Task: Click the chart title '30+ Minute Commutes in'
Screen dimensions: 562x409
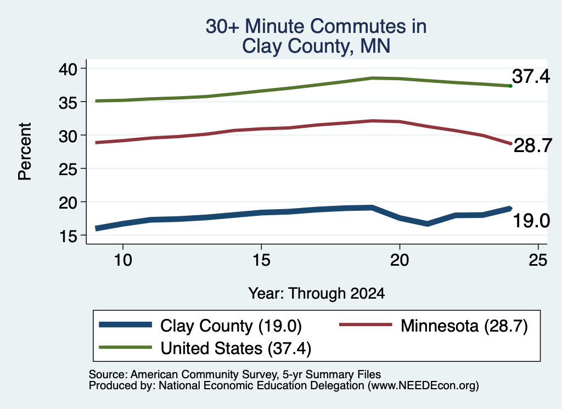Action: [316, 26]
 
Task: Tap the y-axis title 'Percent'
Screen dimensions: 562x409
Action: [25, 152]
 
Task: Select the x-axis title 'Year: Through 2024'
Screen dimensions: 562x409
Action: [317, 293]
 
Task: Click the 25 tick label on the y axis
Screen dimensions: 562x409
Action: [68, 169]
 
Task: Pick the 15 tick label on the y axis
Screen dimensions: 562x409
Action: [68, 236]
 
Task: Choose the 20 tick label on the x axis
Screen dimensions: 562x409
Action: [400, 260]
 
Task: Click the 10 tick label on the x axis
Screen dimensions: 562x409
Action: [123, 260]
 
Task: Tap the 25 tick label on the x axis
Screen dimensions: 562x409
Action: [538, 260]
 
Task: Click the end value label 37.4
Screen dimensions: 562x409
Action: [531, 76]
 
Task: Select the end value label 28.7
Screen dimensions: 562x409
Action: [532, 145]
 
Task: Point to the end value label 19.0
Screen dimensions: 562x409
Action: [531, 221]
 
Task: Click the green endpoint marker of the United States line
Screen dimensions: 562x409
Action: [510, 86]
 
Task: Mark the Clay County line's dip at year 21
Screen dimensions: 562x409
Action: [427, 224]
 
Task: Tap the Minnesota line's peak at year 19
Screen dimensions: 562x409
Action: [373, 121]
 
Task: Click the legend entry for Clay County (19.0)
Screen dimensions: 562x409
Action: [200, 326]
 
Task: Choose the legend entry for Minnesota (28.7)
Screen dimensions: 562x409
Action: [434, 326]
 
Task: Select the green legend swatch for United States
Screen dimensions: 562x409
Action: [126, 348]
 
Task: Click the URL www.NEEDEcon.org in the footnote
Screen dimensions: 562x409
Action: [423, 386]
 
